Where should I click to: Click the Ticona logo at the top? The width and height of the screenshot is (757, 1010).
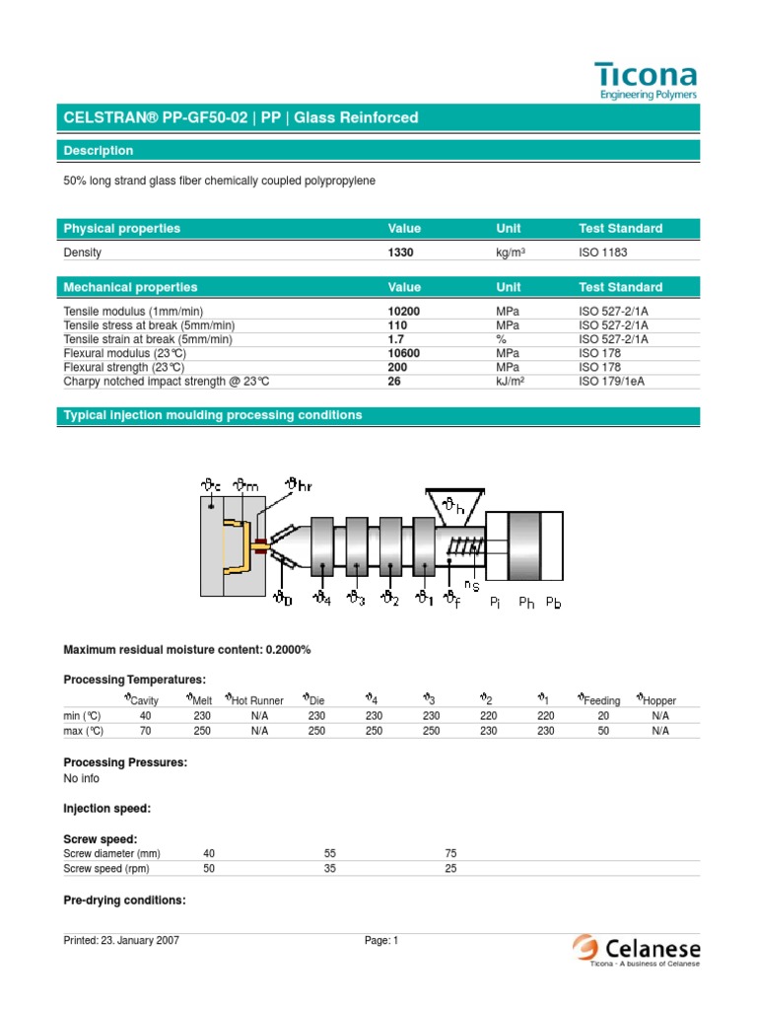click(x=646, y=80)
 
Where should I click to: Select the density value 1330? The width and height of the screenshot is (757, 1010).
click(x=401, y=252)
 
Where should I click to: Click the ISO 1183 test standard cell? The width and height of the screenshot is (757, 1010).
click(x=602, y=252)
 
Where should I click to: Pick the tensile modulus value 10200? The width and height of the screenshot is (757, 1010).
click(x=404, y=311)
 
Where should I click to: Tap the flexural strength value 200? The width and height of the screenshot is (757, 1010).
click(x=398, y=366)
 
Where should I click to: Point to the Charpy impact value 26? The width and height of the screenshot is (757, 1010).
click(x=395, y=381)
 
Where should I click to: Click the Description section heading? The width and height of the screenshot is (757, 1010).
click(x=99, y=151)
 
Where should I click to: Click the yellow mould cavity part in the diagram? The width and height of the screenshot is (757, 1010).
click(x=236, y=551)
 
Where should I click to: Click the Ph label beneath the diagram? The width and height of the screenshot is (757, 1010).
click(x=526, y=604)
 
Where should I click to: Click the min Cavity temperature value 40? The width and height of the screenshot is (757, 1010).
click(x=145, y=715)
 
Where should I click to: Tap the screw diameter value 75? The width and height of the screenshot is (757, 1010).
click(x=450, y=853)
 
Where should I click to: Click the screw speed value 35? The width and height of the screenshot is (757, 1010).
click(x=330, y=869)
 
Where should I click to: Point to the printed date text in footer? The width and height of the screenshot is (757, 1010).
click(x=121, y=941)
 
